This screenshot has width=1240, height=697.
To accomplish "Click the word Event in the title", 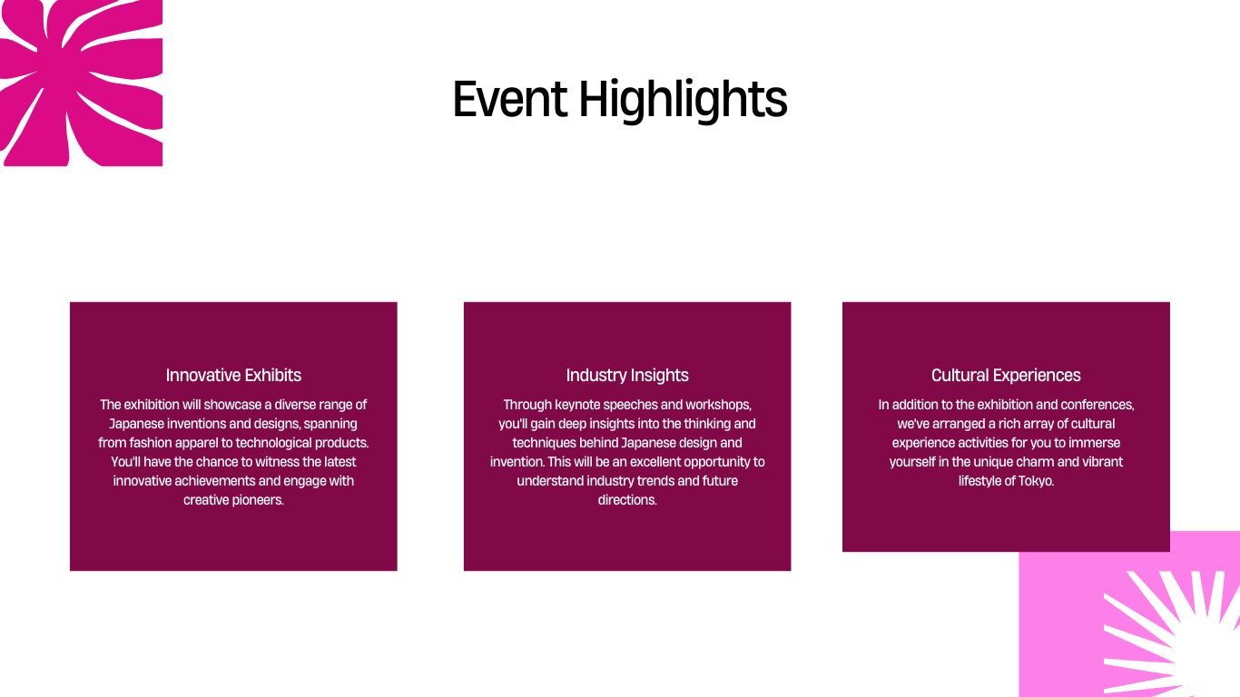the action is [x=510, y=99].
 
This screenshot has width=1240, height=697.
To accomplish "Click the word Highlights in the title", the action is [x=684, y=100].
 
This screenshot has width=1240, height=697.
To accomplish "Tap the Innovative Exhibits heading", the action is [x=233, y=376].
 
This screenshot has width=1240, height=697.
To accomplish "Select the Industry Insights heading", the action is [x=627, y=376].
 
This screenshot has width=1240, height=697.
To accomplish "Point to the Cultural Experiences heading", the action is [x=1006, y=376].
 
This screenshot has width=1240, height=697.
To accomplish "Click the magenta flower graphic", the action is [x=81, y=83].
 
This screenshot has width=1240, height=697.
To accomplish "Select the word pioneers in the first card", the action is [x=258, y=500].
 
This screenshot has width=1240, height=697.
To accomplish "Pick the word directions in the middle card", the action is [x=627, y=500].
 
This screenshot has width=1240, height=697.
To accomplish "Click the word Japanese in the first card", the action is [x=136, y=425].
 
